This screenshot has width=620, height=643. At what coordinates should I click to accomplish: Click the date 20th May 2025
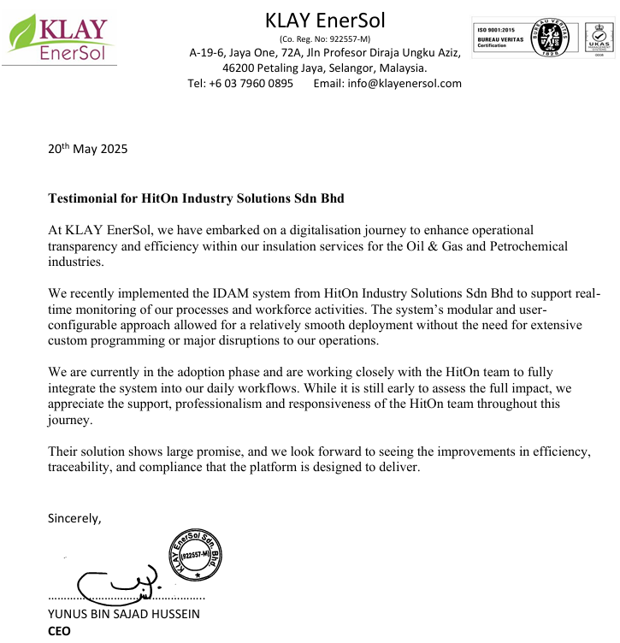pyautogui.click(x=87, y=149)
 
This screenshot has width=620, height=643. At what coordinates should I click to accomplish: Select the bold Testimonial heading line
pyautogui.click(x=196, y=198)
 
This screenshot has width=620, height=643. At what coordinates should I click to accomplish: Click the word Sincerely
pyautogui.click(x=74, y=517)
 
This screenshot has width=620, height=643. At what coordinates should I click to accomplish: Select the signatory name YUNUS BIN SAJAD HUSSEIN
pyautogui.click(x=123, y=614)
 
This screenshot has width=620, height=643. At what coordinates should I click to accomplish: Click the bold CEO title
pyautogui.click(x=59, y=631)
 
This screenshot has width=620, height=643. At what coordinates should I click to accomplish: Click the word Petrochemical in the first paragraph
pyautogui.click(x=519, y=246)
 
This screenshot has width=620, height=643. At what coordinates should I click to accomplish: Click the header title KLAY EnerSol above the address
pyautogui.click(x=326, y=19)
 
